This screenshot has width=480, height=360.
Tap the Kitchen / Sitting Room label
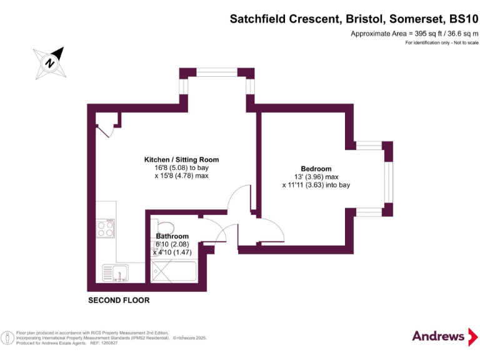[x=181, y=160]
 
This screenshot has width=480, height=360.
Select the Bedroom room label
[x=316, y=169]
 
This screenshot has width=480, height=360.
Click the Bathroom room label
[x=172, y=236]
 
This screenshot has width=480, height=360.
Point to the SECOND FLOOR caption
[x=119, y=301]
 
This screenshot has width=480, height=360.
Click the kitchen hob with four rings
[x=106, y=228]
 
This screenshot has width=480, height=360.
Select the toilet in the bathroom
[x=166, y=228]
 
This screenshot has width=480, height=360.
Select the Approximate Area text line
[x=414, y=33]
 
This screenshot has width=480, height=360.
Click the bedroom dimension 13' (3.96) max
[x=316, y=177]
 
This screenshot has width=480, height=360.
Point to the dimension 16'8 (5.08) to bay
[x=181, y=168]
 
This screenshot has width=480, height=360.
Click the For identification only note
[x=441, y=42]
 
